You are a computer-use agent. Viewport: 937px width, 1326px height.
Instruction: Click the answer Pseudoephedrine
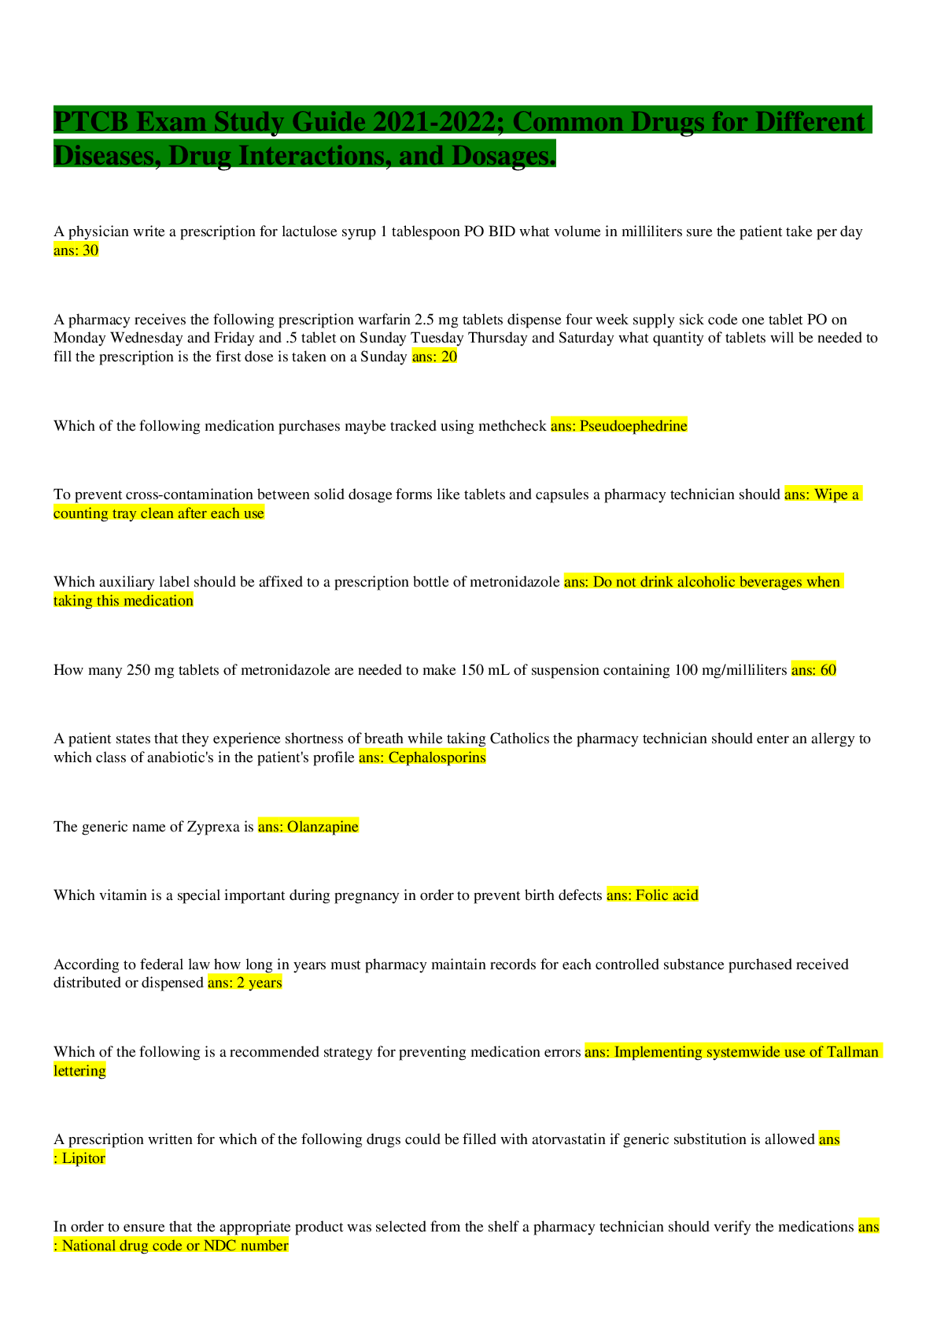(x=633, y=426)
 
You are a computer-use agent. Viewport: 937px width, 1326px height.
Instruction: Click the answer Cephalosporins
(x=437, y=757)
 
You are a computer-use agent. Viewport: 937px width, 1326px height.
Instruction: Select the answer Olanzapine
(x=323, y=826)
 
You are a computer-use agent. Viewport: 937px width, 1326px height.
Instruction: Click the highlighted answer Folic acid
(x=666, y=895)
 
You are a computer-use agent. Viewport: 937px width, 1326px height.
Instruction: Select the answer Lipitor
(x=83, y=1157)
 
